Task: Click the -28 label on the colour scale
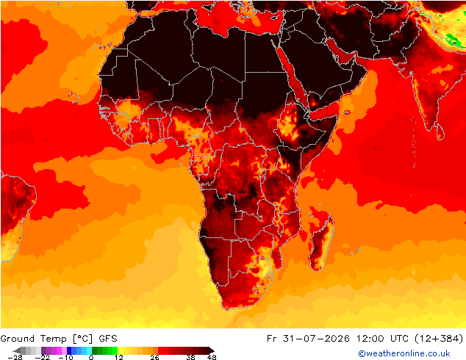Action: pyautogui.click(x=15, y=357)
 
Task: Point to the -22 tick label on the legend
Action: pyautogui.click(x=43, y=357)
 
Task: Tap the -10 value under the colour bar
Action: pyautogui.click(x=65, y=357)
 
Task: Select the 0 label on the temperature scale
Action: pyautogui.click(x=91, y=357)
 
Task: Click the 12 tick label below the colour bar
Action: pyautogui.click(x=119, y=357)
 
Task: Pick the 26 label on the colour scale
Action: pyautogui.click(x=154, y=357)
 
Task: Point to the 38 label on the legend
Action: pyautogui.click(x=190, y=357)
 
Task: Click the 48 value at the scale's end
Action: pyautogui.click(x=212, y=357)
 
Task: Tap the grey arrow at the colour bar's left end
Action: pyautogui.click(x=18, y=350)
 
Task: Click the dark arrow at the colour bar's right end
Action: pyautogui.click(x=211, y=350)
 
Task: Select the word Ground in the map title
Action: pyautogui.click(x=17, y=339)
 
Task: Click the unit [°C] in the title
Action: pyautogui.click(x=82, y=339)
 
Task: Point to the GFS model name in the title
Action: pyautogui.click(x=108, y=339)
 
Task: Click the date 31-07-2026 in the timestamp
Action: pyautogui.click(x=316, y=339)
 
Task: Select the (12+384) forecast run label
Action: pyautogui.click(x=439, y=339)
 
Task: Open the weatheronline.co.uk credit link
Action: pyautogui.click(x=404, y=353)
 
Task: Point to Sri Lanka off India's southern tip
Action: pyautogui.click(x=440, y=132)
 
